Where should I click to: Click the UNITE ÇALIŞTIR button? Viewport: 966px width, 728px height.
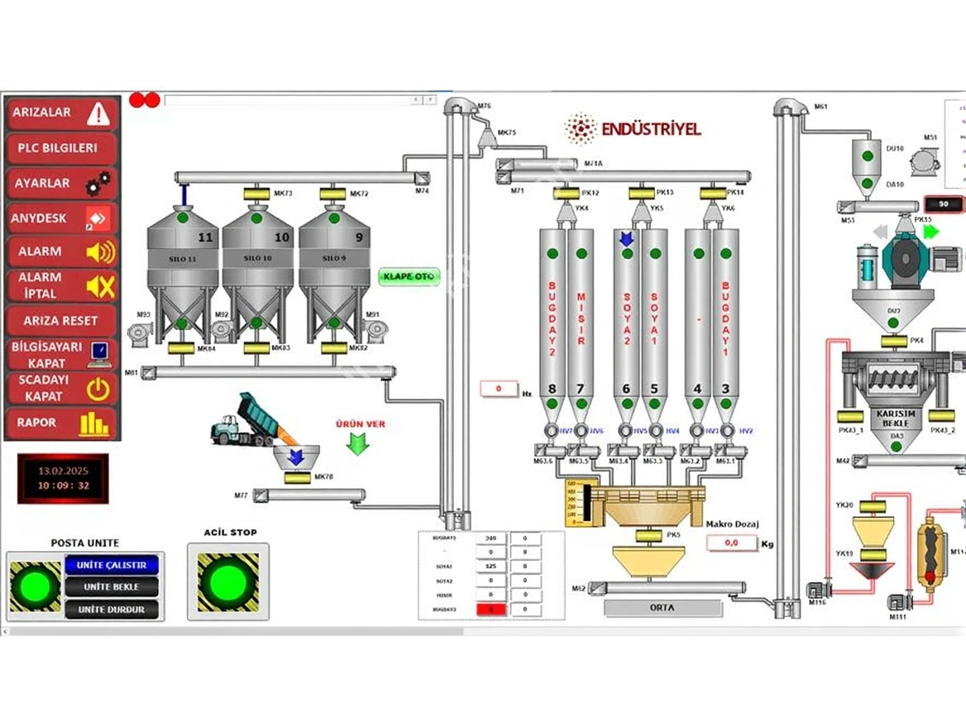coord(112,565)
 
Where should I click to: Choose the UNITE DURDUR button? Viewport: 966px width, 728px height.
coord(112,610)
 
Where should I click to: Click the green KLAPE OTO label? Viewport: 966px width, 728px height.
coord(409,276)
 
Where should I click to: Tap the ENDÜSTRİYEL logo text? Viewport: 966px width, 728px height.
coord(651,129)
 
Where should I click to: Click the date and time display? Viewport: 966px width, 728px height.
coord(64,478)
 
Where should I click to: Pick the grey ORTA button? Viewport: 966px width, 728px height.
coord(662,608)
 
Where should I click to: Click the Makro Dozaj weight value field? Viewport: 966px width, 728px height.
coord(732,544)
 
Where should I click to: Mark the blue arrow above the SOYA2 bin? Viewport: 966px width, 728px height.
coord(626,239)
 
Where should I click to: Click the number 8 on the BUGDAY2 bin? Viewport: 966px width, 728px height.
coord(552,389)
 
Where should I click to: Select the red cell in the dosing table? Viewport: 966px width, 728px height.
coord(491,609)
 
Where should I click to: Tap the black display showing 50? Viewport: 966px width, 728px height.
coord(943,204)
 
